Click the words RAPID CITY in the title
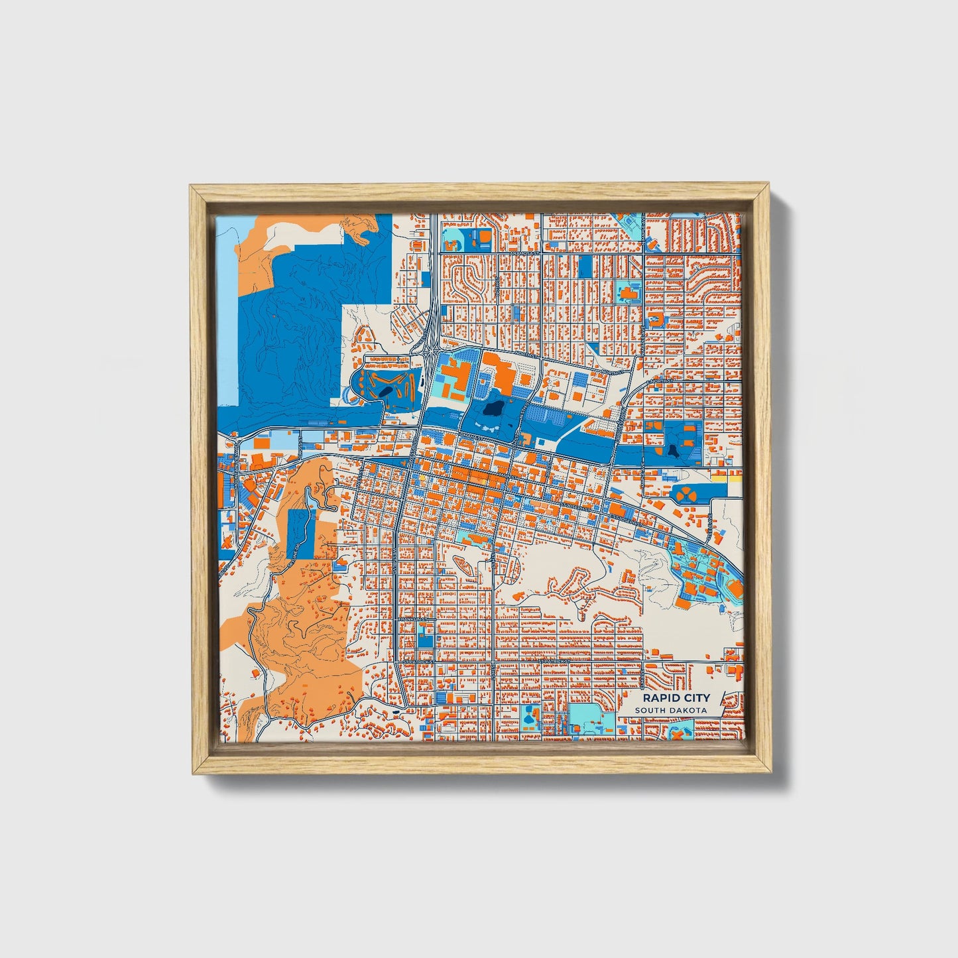point(676,697)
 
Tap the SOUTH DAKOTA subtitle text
point(670,711)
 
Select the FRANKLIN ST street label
point(412,619)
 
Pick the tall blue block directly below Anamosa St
point(585,267)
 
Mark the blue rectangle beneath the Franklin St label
point(423,638)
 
